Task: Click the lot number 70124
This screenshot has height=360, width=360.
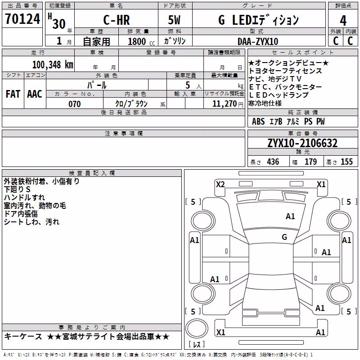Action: click(x=22, y=19)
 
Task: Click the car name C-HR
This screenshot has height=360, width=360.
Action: click(x=117, y=20)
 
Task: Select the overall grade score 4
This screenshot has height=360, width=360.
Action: click(x=343, y=21)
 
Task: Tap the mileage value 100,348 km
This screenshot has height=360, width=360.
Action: click(x=53, y=65)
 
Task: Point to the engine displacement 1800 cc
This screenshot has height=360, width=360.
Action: click(x=141, y=41)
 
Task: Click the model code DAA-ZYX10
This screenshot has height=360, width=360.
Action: click(x=258, y=41)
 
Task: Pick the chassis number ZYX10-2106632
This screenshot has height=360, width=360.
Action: click(x=302, y=143)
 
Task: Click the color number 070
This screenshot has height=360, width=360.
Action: click(x=75, y=104)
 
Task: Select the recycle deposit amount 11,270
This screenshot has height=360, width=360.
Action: click(x=225, y=104)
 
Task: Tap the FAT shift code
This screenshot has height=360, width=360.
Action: click(x=13, y=94)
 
